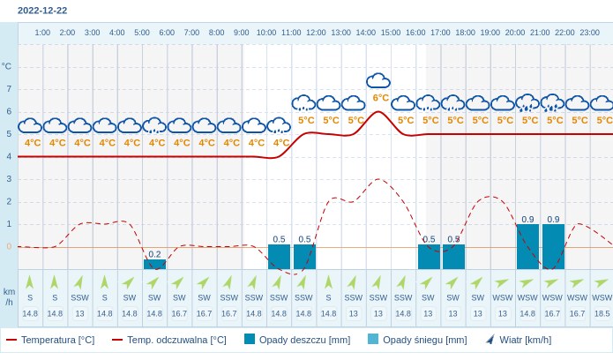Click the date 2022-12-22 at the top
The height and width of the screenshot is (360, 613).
click(42, 11)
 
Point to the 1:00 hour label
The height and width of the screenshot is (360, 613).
click(42, 33)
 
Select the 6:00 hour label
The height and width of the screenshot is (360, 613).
click(167, 33)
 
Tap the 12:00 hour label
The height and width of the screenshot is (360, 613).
click(316, 33)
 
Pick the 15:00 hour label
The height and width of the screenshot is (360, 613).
click(391, 33)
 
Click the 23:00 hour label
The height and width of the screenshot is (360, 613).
click(589, 33)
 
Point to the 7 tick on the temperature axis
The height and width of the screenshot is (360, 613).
click(9, 88)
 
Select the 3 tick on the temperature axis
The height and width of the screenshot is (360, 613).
click(9, 178)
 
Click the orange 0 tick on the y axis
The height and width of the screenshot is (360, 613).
click(9, 246)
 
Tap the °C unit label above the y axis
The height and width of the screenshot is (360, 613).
click(7, 66)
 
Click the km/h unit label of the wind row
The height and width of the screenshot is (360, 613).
click(9, 296)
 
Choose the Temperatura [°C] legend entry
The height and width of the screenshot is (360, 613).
click(50, 340)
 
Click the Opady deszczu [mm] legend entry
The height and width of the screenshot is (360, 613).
click(297, 340)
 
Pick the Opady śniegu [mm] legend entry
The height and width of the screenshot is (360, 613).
click(417, 340)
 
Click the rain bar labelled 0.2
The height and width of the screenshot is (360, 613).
click(154, 264)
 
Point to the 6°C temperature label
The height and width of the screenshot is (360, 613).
click(380, 98)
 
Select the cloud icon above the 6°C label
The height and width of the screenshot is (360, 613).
click(378, 81)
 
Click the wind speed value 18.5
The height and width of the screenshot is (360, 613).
click(602, 313)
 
